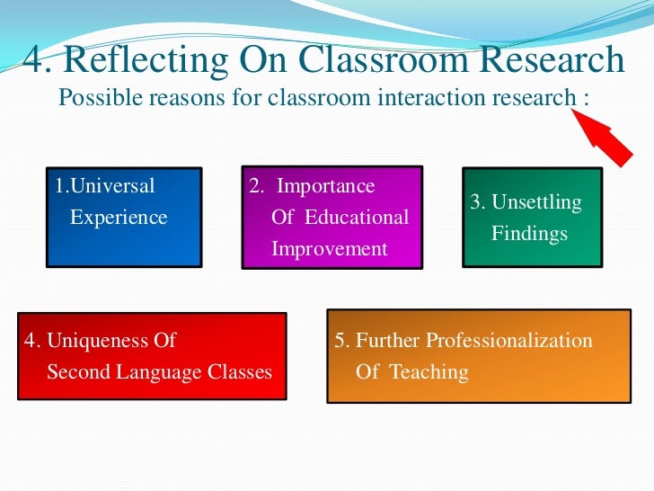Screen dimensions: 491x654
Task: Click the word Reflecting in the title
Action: [154, 61]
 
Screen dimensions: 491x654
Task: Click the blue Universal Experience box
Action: [124, 217]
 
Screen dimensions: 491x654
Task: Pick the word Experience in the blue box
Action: [119, 217]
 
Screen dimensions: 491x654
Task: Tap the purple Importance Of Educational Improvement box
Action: [331, 218]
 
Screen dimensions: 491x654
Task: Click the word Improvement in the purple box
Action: [330, 248]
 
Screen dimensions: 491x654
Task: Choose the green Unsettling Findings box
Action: [531, 218]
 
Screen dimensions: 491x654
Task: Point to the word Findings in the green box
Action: [529, 234]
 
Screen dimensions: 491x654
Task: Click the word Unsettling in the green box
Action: [536, 203]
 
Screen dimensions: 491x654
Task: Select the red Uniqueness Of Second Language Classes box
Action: [152, 356]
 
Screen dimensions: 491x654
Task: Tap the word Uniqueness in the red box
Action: [111, 341]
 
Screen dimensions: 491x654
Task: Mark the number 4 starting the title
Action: [33, 61]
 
